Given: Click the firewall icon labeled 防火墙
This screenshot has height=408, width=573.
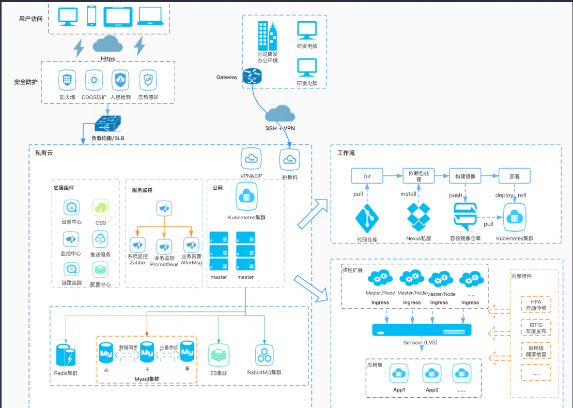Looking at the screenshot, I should [67, 81].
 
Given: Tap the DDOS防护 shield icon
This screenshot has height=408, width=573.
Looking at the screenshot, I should [94, 81].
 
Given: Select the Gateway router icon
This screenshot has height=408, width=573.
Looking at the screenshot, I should [253, 77].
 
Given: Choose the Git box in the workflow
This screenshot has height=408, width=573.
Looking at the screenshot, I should [367, 176].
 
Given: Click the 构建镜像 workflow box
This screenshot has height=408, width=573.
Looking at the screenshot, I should [465, 176].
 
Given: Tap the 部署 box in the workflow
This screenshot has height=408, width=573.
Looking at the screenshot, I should [514, 176].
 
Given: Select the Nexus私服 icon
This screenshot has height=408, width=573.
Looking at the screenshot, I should [419, 218].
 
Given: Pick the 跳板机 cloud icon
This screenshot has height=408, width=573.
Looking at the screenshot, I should [290, 160].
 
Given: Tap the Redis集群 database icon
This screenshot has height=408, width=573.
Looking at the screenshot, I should [66, 355].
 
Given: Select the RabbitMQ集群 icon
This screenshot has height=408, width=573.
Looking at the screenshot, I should [265, 356].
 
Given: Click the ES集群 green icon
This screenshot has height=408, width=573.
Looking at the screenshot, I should [219, 355].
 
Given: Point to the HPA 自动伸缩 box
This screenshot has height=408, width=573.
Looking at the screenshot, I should [536, 305].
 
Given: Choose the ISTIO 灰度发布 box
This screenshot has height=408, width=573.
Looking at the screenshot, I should [536, 327].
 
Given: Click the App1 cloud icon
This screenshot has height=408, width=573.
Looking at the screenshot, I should [399, 373].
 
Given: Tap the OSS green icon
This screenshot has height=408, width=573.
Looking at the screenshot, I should [101, 208].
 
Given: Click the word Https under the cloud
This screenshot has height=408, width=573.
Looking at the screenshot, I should [108, 59].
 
